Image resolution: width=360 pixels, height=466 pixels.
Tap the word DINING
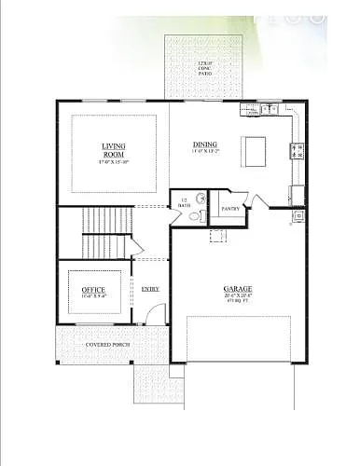205,144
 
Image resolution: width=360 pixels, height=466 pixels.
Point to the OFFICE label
93,290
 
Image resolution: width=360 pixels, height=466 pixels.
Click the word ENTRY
150,289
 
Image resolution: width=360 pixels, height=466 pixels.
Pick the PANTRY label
230,209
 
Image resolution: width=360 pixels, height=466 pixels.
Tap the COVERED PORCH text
108,345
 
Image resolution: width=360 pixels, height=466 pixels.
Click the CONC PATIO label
205,66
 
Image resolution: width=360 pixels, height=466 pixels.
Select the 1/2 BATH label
185,202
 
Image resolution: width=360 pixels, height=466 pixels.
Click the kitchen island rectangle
256,149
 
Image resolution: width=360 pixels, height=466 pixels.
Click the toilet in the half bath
193,216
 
